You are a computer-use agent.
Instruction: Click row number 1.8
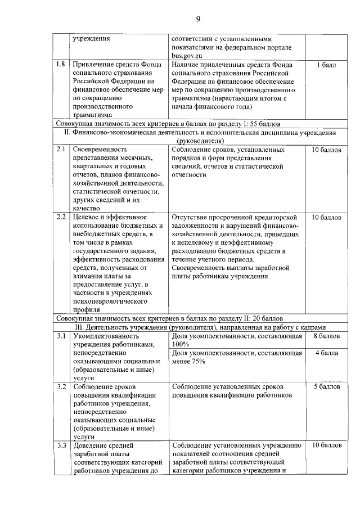62,65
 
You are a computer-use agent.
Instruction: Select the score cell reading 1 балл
326,65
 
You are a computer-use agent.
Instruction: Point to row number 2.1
62,150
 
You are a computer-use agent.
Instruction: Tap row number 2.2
62,217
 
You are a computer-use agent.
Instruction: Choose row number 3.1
62,336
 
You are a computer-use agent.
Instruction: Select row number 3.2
62,387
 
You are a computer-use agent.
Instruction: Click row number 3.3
62,446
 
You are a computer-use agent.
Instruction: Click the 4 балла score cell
326,353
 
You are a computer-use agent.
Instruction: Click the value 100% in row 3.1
181,344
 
